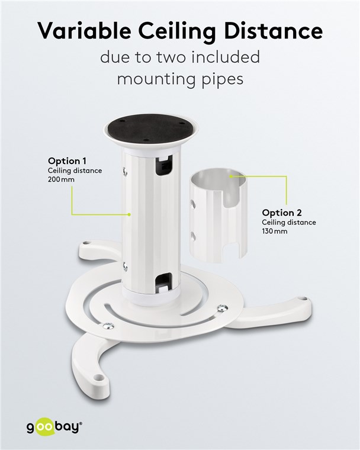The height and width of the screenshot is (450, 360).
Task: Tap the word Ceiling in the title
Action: (178, 32)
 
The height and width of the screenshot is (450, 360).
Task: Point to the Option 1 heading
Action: (67, 161)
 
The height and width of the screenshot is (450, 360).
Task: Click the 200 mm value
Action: (61, 179)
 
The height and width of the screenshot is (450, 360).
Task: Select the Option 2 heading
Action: (282, 213)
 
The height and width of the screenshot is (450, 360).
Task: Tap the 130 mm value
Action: (275, 231)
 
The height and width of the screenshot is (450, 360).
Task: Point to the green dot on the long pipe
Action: (130, 214)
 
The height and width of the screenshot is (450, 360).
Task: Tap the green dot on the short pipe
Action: (230, 176)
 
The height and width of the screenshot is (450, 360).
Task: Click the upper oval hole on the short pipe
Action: (193, 204)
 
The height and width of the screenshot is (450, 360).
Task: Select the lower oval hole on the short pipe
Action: (193, 236)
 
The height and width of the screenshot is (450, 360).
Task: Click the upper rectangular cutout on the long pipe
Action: (163, 166)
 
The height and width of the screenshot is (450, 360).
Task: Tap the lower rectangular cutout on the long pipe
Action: (163, 283)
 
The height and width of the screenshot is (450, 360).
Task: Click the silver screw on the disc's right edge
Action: (223, 308)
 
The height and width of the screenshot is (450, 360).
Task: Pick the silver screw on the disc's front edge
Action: (108, 326)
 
